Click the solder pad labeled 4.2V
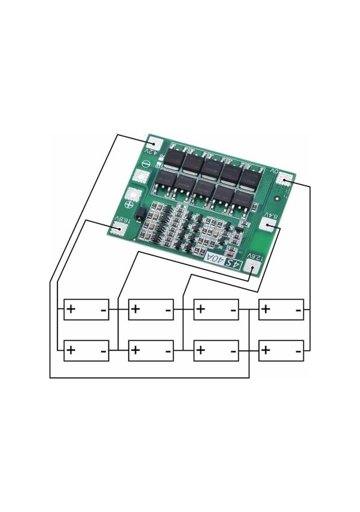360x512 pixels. pyautogui.click(x=155, y=145)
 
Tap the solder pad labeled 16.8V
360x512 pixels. pyautogui.click(x=118, y=226)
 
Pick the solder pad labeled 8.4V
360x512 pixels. pyautogui.click(x=269, y=225)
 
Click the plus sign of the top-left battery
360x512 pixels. pyautogui.click(x=71, y=309)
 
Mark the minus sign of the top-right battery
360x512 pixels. pyautogui.click(x=298, y=310)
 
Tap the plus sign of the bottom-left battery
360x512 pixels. pyautogui.click(x=71, y=349)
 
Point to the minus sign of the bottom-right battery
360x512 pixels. pyautogui.click(x=298, y=351)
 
